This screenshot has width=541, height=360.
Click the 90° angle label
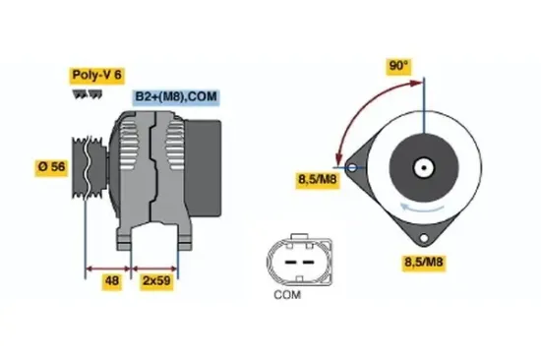[x=397, y=67]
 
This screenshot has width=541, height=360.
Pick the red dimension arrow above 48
[x=109, y=269]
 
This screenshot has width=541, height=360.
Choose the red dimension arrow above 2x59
[x=155, y=269]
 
